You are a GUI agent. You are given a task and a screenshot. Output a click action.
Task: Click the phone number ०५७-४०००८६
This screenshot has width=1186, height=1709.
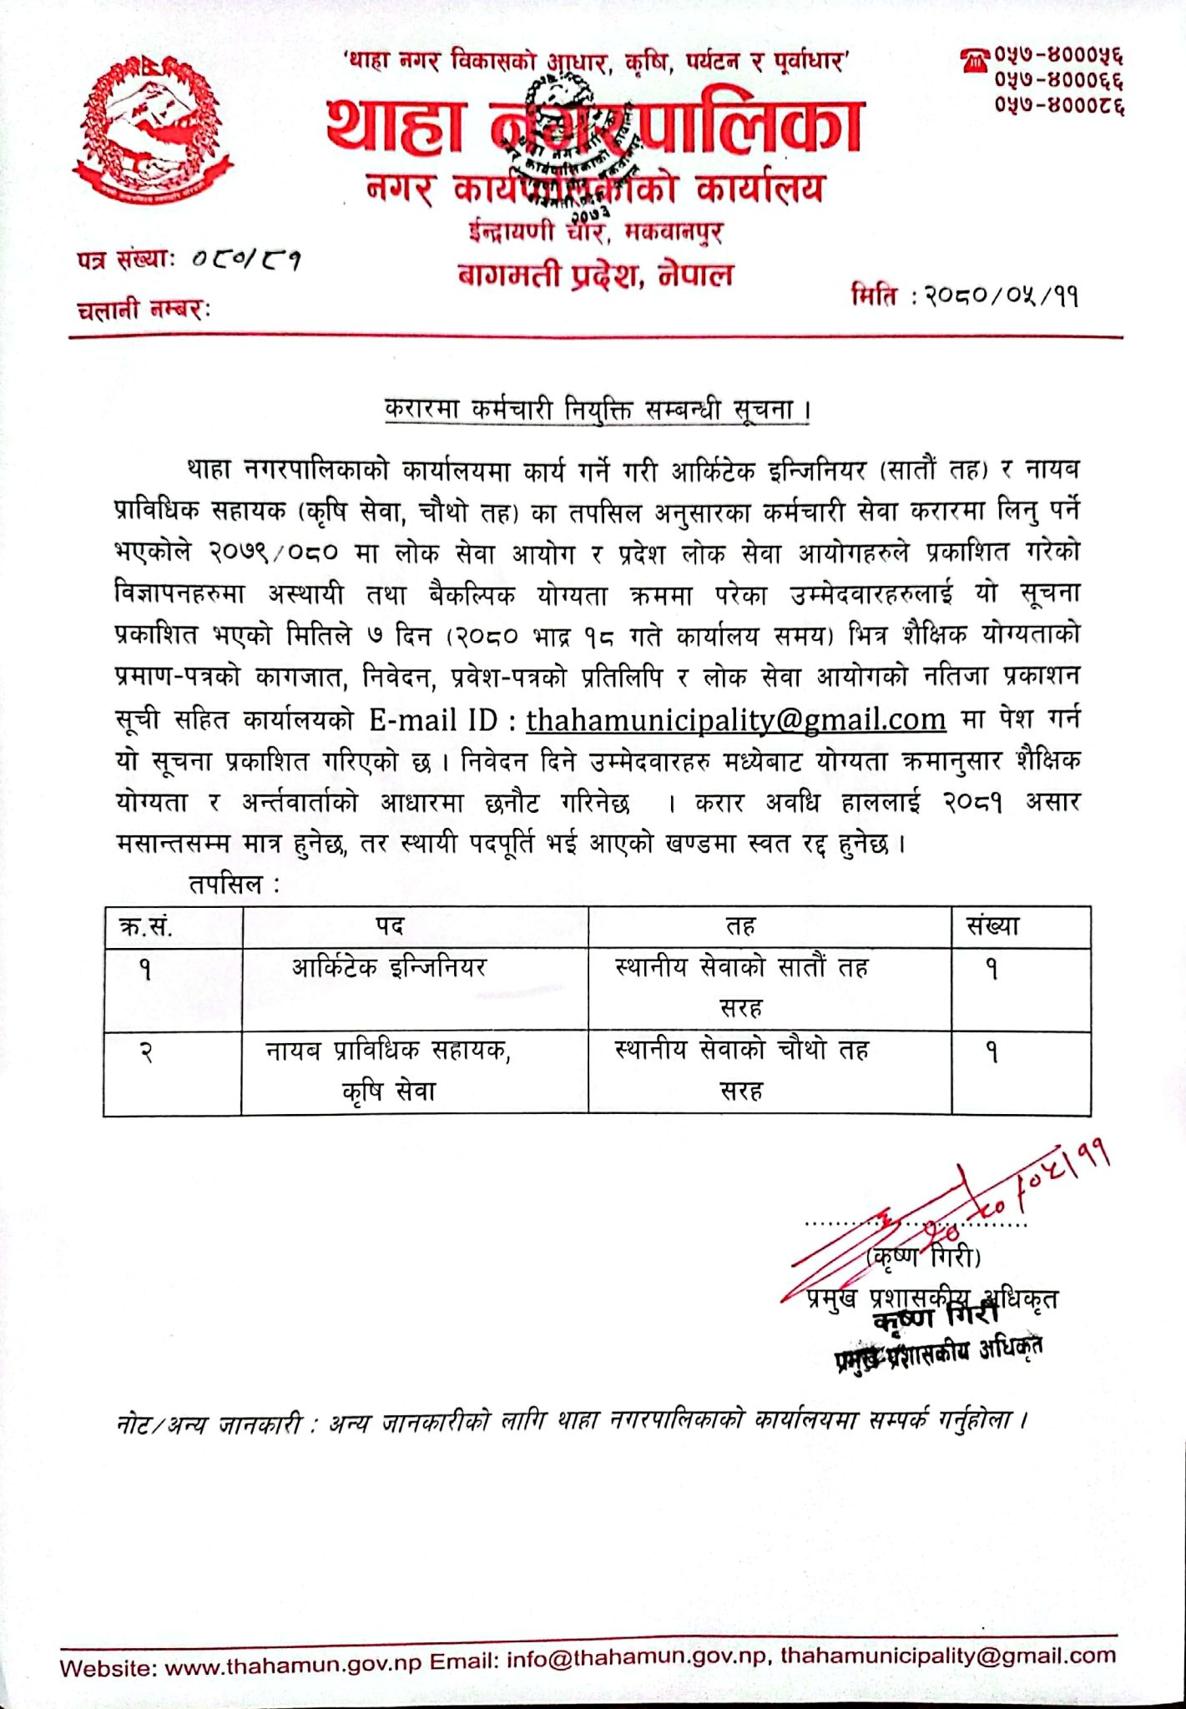click(1058, 107)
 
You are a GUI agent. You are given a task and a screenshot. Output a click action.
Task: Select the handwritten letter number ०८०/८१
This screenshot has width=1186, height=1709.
click(246, 260)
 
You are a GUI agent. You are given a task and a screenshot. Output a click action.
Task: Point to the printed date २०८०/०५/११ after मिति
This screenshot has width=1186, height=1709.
click(1000, 296)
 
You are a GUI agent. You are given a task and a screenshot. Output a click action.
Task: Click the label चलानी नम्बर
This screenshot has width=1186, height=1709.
click(144, 310)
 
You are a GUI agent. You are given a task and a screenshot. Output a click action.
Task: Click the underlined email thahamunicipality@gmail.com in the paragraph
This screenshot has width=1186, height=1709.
click(735, 719)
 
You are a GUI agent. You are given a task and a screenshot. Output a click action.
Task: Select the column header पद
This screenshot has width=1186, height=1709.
click(389, 926)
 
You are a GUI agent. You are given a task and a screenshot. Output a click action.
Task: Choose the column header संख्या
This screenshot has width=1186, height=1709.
click(992, 926)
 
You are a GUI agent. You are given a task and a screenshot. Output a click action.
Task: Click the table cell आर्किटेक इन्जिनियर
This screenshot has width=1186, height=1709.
click(389, 968)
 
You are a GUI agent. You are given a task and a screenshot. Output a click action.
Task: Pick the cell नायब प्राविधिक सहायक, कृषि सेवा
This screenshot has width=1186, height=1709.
click(389, 1071)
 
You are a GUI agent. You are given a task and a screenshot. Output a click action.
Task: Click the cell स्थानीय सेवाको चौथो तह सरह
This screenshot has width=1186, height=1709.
click(741, 1071)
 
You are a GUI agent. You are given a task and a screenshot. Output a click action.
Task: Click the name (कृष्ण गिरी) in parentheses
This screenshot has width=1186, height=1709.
click(924, 1257)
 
